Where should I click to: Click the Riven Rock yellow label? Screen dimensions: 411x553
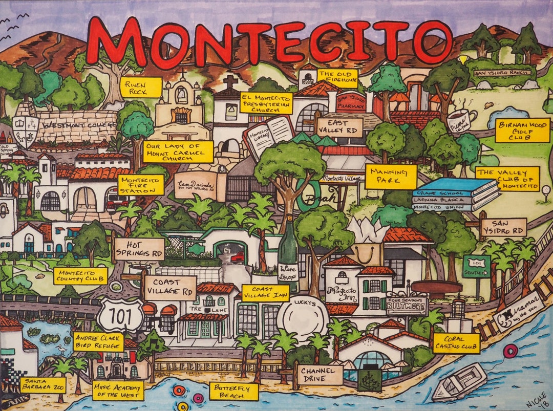141,87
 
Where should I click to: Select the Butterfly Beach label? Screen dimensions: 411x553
233,392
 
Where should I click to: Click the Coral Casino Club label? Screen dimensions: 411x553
456,343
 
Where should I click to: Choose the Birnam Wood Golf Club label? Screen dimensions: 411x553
522,131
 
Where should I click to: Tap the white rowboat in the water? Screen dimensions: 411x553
459,382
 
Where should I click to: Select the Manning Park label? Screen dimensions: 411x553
391,177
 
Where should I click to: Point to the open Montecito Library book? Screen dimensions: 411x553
268,135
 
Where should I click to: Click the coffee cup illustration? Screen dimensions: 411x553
461,121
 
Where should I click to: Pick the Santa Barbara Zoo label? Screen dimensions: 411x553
43,385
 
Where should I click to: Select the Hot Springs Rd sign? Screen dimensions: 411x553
139,249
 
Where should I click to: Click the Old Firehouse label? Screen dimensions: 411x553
337,76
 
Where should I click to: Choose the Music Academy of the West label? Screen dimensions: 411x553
118,390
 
